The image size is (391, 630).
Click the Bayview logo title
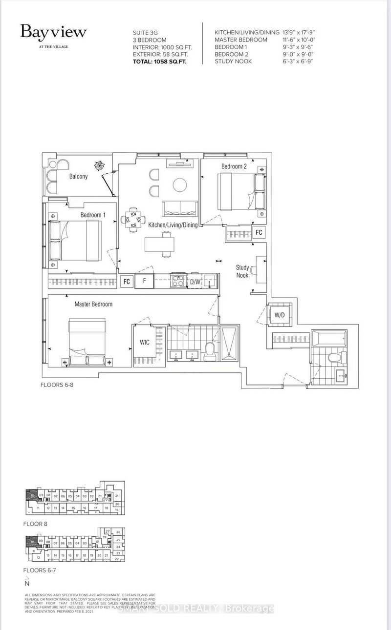[53, 33]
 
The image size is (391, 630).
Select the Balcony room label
[78, 176]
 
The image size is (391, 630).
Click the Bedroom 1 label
[93, 215]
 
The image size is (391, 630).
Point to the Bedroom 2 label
[234, 166]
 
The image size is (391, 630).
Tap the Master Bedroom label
[93, 304]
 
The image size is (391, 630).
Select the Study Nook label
[242, 271]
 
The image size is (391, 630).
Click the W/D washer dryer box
[279, 315]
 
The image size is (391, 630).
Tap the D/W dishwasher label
[195, 282]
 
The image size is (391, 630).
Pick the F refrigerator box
[145, 282]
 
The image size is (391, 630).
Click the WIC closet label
[145, 342]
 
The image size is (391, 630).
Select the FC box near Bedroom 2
[259, 232]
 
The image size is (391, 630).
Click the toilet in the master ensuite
[211, 349]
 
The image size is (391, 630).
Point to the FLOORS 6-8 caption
[57, 385]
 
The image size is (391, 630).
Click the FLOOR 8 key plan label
[35, 524]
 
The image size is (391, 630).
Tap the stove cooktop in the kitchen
[176, 281]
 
